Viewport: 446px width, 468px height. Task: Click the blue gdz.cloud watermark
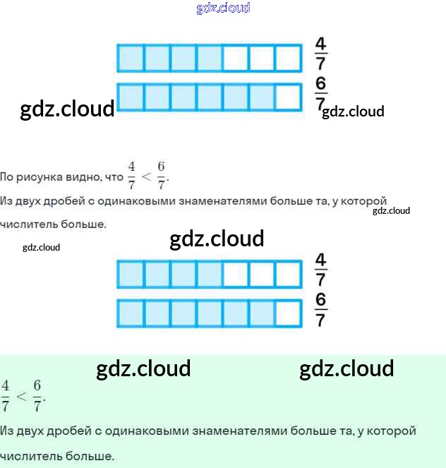(x=223, y=8)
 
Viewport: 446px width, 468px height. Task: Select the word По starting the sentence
(x=7, y=176)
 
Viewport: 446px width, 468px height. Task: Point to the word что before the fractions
(x=113, y=176)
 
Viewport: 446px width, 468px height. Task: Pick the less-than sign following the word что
(x=147, y=176)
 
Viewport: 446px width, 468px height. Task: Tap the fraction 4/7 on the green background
(x=6, y=396)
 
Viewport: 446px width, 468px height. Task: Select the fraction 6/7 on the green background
(x=38, y=396)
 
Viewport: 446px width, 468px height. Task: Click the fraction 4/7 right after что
(x=131, y=176)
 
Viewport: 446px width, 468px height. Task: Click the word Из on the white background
(x=6, y=201)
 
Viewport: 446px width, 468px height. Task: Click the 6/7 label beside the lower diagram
(x=321, y=311)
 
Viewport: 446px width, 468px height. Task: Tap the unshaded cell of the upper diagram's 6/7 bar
(x=287, y=97)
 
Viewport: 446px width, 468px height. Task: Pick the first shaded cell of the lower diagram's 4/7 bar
(x=130, y=274)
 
